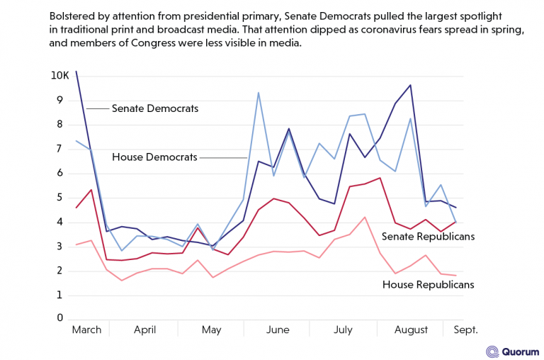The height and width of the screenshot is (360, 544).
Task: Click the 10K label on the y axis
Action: pyautogui.click(x=59, y=76)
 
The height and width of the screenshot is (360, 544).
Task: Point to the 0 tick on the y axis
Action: pyautogui.click(x=60, y=318)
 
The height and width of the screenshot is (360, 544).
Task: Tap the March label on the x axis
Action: pyautogui.click(x=86, y=330)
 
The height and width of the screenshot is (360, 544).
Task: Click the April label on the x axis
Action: pyautogui.click(x=144, y=330)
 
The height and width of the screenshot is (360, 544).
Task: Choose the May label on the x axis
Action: pyautogui.click(x=211, y=330)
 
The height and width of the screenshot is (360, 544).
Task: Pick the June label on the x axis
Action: pyautogui.click(x=277, y=330)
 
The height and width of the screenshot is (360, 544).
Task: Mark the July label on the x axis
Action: pyautogui.click(x=343, y=330)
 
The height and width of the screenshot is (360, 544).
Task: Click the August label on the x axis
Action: pyautogui.click(x=411, y=330)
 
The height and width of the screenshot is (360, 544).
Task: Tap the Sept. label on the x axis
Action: pyautogui.click(x=465, y=330)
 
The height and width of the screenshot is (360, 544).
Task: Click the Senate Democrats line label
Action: pyautogui.click(x=155, y=108)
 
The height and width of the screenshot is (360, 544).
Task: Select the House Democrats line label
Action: pyautogui.click(x=154, y=157)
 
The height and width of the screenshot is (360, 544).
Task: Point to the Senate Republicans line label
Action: pyautogui.click(x=428, y=235)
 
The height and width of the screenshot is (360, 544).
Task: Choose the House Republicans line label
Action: pyautogui.click(x=428, y=284)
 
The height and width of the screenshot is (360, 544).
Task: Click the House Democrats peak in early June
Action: pyautogui.click(x=258, y=93)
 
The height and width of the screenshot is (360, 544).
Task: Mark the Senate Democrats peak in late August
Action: pyautogui.click(x=410, y=85)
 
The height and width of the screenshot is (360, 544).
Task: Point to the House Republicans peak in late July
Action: pyautogui.click(x=364, y=217)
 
